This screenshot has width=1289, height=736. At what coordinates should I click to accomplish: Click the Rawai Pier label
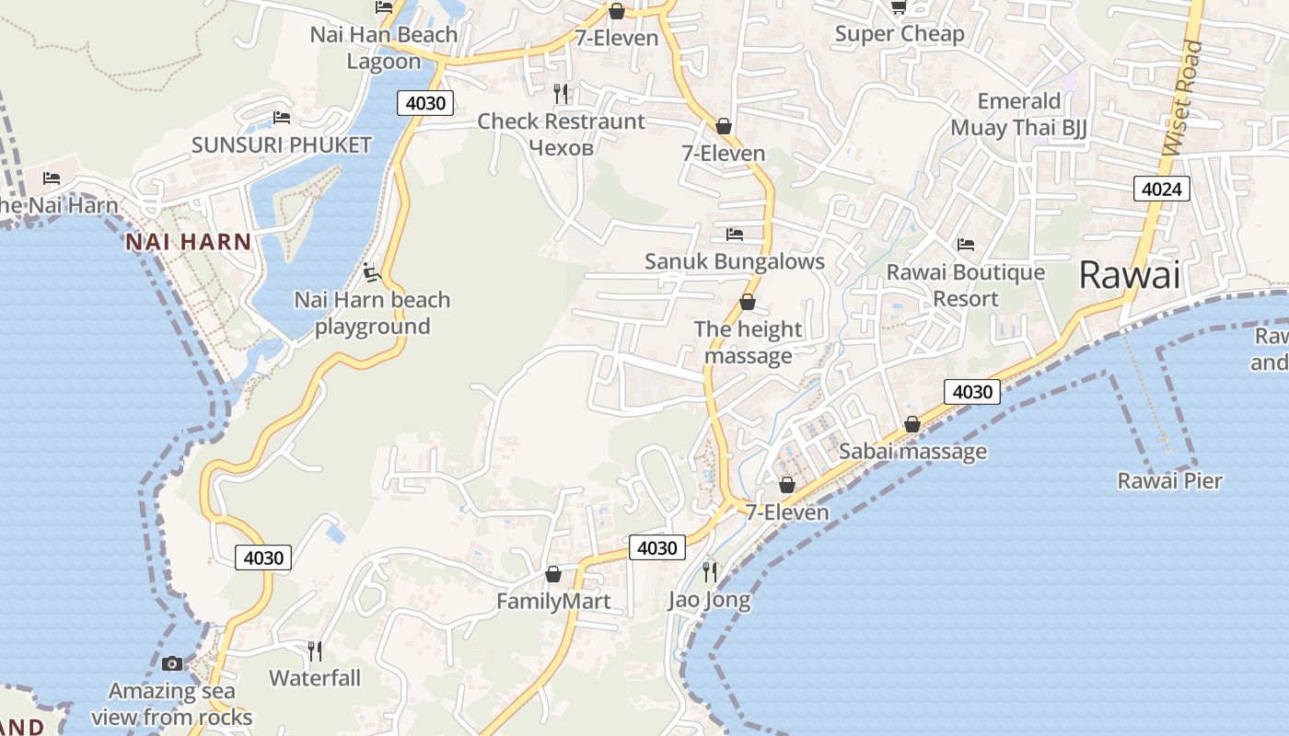(1169, 480)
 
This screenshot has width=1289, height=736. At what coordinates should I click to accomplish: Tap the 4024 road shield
(1161, 190)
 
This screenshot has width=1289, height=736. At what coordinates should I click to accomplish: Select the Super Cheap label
(900, 34)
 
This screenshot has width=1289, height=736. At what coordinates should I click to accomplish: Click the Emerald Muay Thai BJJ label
(1019, 114)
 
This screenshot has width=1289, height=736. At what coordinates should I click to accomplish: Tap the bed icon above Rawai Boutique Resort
(965, 245)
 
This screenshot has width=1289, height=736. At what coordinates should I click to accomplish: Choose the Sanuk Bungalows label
(734, 261)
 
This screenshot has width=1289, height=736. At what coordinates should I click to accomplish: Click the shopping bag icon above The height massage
(748, 302)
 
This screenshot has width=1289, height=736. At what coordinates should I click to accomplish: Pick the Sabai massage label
(912, 451)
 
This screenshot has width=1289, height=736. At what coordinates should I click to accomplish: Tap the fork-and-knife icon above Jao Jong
(709, 572)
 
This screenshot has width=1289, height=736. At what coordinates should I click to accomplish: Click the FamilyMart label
(553, 602)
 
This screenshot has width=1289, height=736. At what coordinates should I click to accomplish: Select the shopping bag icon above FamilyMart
(553, 575)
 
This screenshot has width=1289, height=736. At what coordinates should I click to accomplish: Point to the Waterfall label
(315, 678)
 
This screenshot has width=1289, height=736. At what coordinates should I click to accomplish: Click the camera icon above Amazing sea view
(172, 663)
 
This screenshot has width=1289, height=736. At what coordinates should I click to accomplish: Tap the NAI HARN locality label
(188, 242)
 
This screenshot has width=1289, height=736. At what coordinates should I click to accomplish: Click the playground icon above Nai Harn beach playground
(371, 272)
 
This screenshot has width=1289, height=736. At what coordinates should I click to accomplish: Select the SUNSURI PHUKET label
(281, 144)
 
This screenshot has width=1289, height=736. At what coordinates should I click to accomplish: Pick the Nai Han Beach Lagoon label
(383, 48)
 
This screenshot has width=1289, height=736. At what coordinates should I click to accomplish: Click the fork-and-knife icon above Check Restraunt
(561, 93)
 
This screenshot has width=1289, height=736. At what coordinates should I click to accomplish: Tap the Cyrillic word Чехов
(561, 147)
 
